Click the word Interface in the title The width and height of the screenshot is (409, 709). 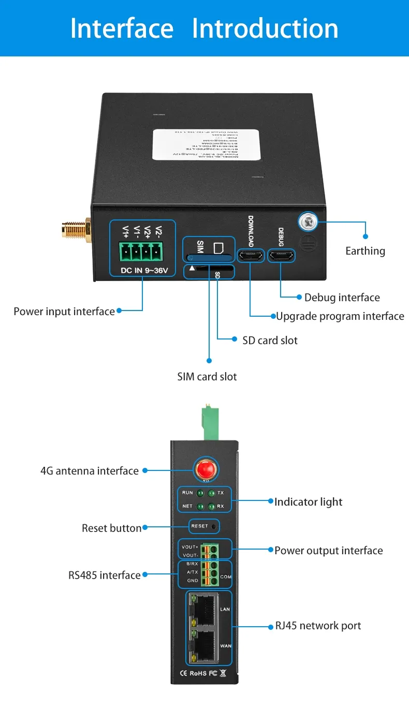(122, 28)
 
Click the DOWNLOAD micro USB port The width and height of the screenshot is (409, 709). (250, 255)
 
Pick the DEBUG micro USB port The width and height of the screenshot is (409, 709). (281, 255)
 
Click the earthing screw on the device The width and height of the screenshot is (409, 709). (308, 222)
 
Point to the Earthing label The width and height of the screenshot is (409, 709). (365, 251)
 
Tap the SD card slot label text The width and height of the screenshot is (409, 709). (270, 340)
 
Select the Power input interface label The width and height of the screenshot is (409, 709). (64, 312)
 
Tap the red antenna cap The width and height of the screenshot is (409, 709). (205, 470)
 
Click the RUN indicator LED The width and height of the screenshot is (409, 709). (200, 493)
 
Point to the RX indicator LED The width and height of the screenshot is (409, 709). (211, 506)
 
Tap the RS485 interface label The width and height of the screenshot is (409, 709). (105, 575)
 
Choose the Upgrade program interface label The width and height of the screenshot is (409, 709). (340, 316)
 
